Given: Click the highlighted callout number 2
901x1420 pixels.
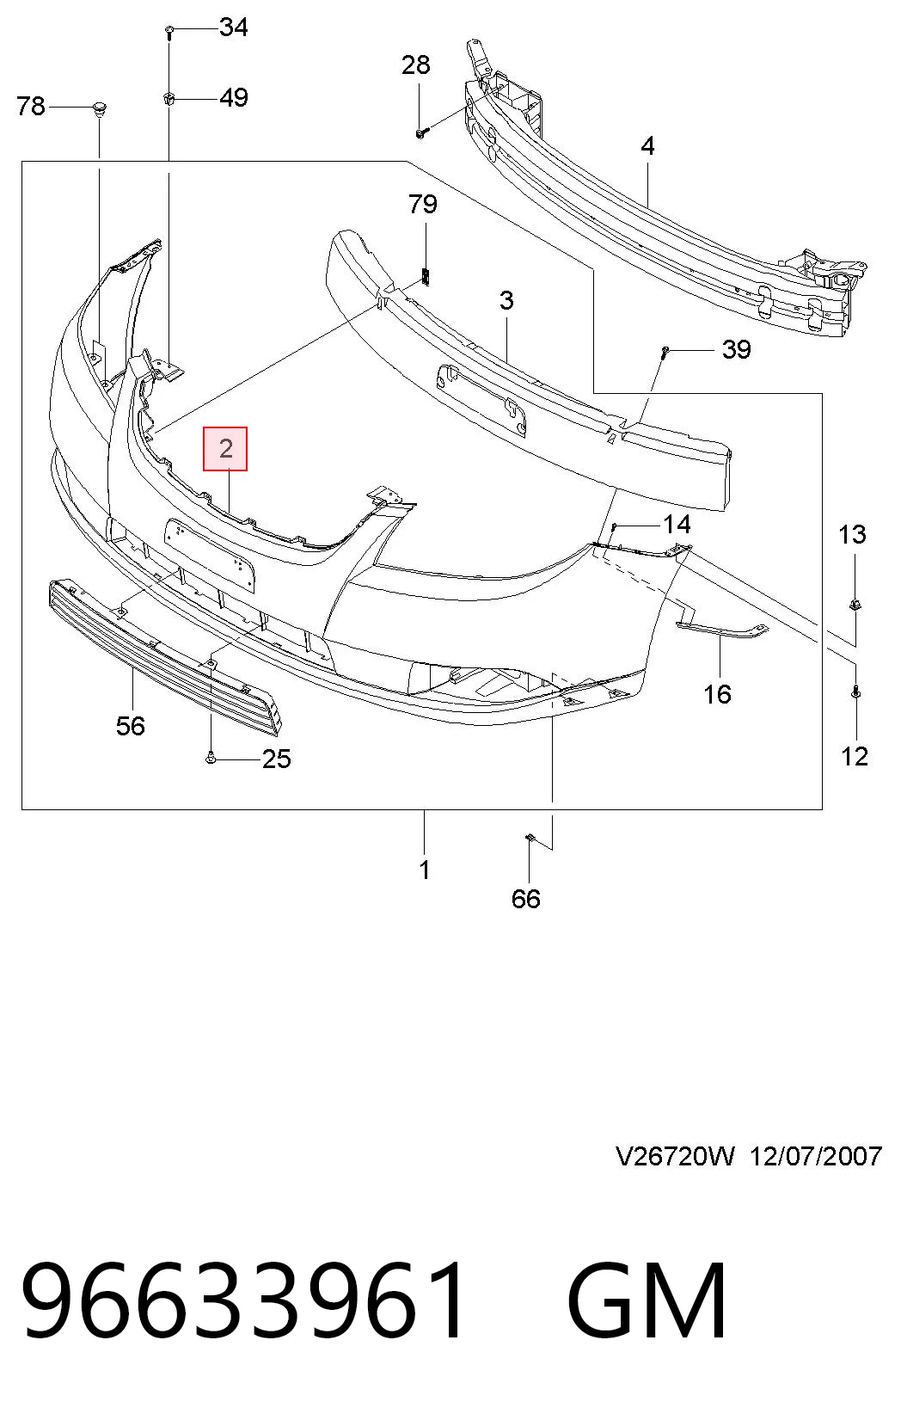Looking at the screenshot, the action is [x=225, y=449].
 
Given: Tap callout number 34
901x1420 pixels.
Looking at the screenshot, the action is [x=234, y=28].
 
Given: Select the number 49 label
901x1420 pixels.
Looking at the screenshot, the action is [x=234, y=98].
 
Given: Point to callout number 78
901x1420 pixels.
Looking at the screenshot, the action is [x=31, y=106].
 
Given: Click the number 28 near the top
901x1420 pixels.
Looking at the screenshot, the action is [x=415, y=65].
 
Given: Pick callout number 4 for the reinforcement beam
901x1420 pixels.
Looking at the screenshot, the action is [x=647, y=146].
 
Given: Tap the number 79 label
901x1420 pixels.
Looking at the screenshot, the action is [x=423, y=204].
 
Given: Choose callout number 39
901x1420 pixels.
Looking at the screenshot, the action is [x=736, y=349].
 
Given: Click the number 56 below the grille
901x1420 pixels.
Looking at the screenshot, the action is [x=131, y=726].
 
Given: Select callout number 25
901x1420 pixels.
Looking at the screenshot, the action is [x=277, y=759].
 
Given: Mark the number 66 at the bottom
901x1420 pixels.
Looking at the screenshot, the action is [x=526, y=899].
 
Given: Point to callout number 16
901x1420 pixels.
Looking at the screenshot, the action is [x=717, y=694].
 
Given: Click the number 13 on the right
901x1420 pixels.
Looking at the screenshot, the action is [x=852, y=535].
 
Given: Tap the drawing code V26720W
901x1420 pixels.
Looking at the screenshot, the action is [x=675, y=1157].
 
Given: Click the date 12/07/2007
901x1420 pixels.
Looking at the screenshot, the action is [x=816, y=1157].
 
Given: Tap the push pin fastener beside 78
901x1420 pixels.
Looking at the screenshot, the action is [x=99, y=108].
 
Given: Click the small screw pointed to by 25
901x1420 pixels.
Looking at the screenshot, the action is [x=211, y=757].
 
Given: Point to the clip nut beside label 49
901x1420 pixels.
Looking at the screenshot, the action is [x=169, y=99].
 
